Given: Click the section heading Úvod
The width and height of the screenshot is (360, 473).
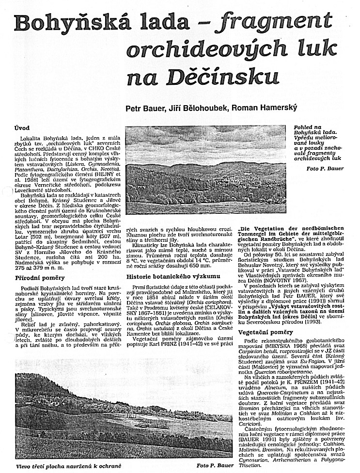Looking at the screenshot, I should (22, 128).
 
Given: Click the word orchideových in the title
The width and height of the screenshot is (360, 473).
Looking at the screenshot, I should (198, 50).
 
